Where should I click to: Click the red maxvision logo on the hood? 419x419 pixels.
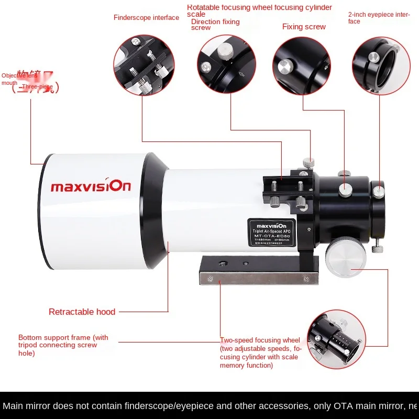click(x=91, y=185)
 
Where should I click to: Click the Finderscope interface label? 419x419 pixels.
click(x=146, y=18)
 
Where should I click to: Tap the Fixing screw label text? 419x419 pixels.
click(x=304, y=27)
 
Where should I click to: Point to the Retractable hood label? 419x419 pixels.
click(x=82, y=312)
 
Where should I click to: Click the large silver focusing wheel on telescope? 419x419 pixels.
click(x=344, y=255)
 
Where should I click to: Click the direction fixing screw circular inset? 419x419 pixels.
click(x=226, y=65)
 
